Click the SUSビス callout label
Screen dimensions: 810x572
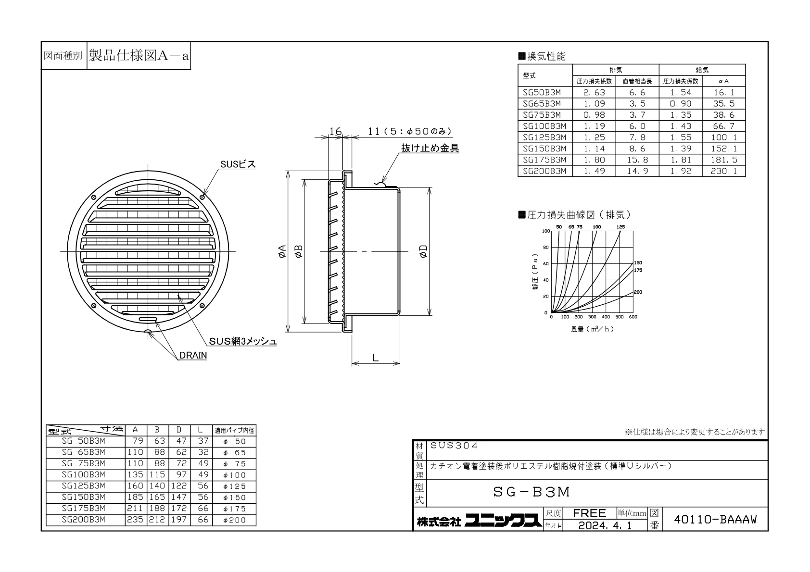(x=238, y=164)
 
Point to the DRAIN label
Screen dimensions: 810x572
(x=193, y=356)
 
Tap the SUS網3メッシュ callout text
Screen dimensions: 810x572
(x=242, y=341)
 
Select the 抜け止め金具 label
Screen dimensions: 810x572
(x=430, y=148)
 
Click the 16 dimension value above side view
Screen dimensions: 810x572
(x=335, y=132)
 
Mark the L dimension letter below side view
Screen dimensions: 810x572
(x=375, y=358)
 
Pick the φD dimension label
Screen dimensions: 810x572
(x=423, y=251)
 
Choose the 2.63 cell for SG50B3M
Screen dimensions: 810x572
(x=594, y=92)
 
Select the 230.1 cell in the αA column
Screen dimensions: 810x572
(x=723, y=171)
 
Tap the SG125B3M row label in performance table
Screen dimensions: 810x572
(x=544, y=137)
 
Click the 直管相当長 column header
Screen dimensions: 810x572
(x=637, y=81)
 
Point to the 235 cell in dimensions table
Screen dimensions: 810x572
(x=135, y=520)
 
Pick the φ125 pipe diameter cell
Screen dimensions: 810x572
(x=234, y=486)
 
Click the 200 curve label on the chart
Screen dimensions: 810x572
(x=638, y=292)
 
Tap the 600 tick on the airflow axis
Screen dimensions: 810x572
(x=633, y=317)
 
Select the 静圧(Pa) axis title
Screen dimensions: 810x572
(x=535, y=272)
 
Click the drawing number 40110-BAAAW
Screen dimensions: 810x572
(x=715, y=520)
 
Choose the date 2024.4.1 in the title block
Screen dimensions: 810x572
(x=605, y=526)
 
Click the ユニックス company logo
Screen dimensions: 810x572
(x=503, y=521)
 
